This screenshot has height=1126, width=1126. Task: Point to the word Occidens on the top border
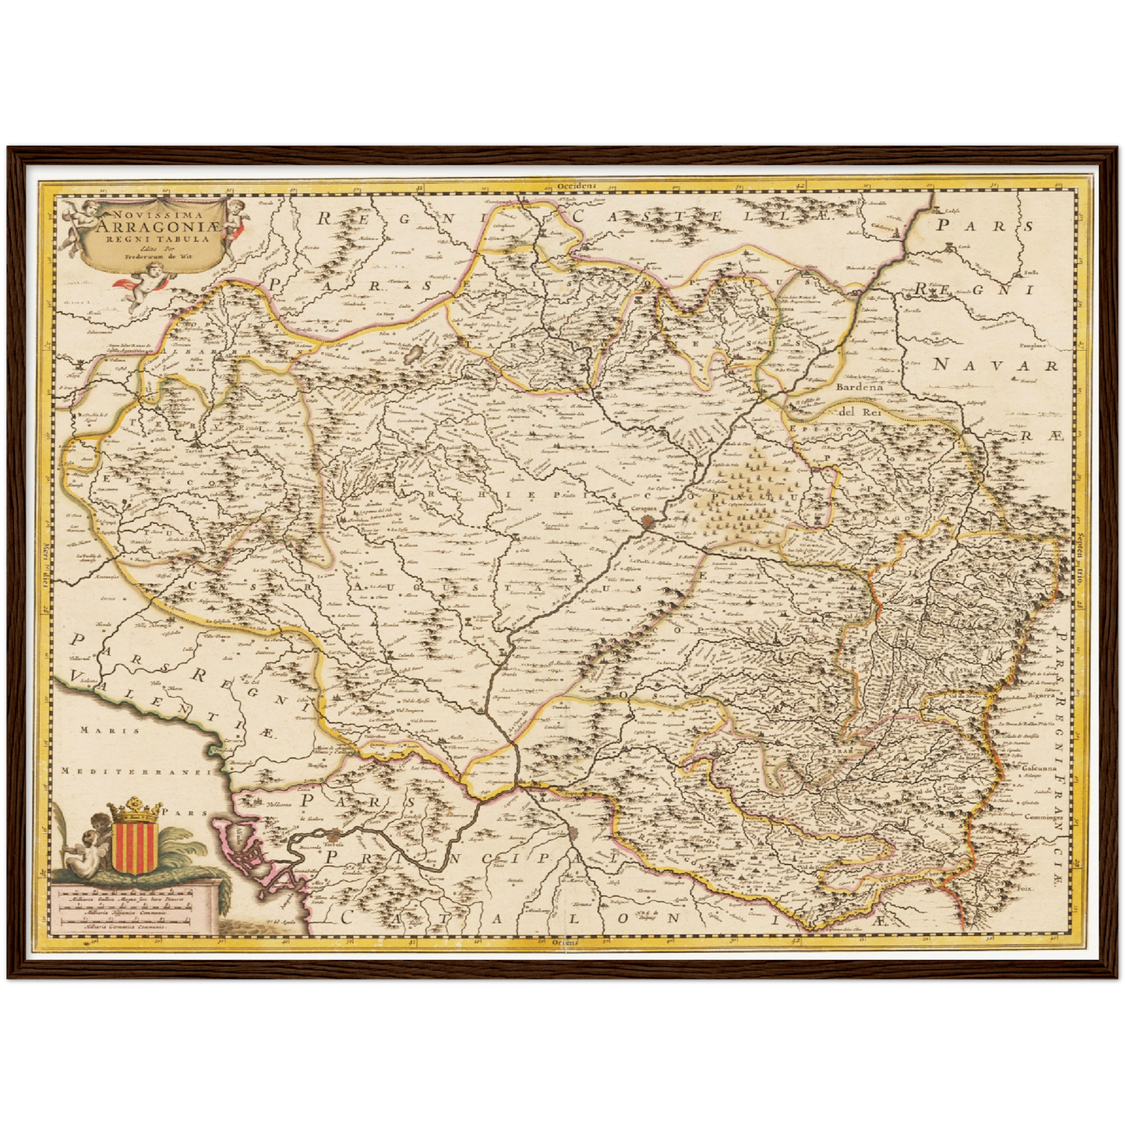click(x=577, y=186)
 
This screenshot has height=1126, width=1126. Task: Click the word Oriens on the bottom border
click(x=565, y=941)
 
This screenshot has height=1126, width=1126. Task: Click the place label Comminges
click(x=1043, y=819)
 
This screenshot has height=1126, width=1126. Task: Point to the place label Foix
click(x=1029, y=888)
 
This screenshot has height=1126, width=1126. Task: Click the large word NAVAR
click(x=996, y=365)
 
